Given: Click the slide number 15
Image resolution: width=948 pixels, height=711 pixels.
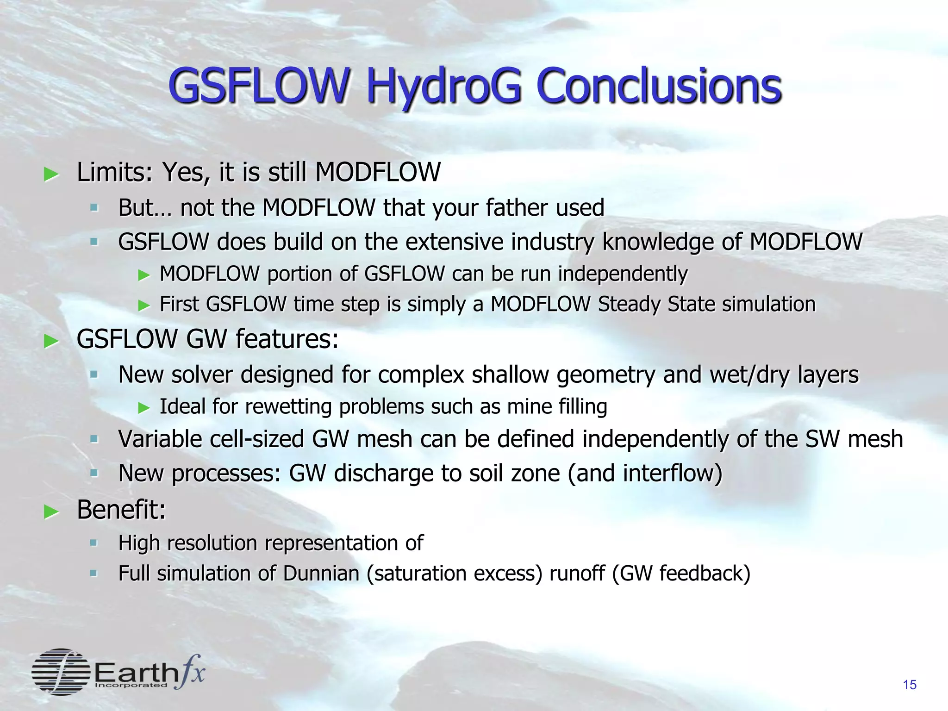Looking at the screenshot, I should tap(909, 685).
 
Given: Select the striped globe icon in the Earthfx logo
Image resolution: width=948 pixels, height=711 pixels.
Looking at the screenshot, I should tap(61, 671).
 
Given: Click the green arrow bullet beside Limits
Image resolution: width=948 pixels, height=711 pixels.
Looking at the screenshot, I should tap(51, 175).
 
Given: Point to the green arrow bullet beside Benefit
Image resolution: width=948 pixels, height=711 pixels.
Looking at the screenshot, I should tap(51, 512).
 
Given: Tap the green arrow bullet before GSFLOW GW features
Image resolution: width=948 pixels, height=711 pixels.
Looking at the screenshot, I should tap(51, 341).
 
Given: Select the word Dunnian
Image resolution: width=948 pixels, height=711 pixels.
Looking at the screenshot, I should tap(321, 573).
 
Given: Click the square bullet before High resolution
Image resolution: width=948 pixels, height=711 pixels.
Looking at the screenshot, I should tap(94, 543).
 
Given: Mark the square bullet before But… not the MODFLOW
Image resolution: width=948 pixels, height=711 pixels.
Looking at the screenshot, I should tap(94, 207).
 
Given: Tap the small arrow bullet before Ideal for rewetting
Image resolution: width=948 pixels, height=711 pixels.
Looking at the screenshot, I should tap(144, 407).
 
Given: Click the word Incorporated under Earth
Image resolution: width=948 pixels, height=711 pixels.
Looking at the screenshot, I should tap(131, 685).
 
